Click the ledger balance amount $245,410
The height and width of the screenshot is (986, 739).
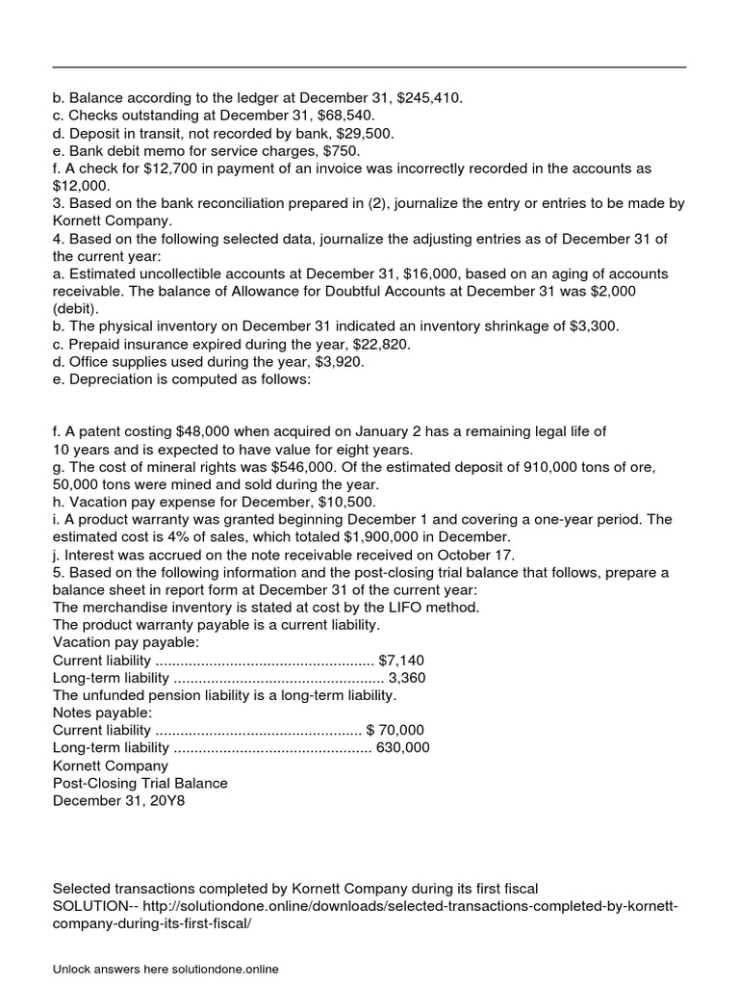point(429,97)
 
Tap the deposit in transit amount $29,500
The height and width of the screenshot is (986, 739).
point(361,133)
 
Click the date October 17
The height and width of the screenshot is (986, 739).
point(475,555)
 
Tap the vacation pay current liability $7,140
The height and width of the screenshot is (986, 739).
point(401,660)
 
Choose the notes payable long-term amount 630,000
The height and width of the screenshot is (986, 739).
point(403,747)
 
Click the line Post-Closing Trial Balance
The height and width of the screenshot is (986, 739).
point(140,783)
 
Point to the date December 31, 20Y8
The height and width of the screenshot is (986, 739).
point(118,800)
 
